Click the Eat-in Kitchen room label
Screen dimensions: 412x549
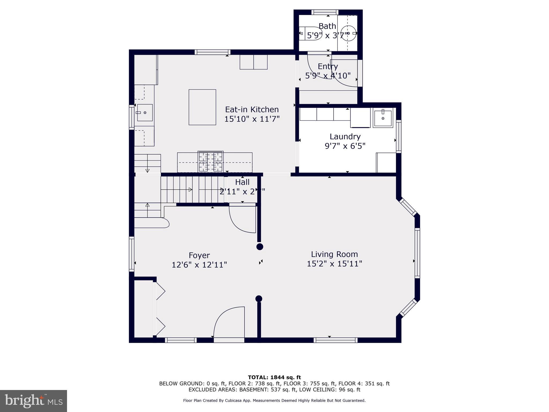click(x=252, y=109)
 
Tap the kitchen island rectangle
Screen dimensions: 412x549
click(x=202, y=107)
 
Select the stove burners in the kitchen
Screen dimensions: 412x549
click(x=210, y=162)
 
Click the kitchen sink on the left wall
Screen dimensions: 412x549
click(x=145, y=113)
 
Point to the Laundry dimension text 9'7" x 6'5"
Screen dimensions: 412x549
click(x=345, y=146)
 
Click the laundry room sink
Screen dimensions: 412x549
click(x=383, y=118)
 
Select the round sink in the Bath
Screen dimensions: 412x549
click(x=348, y=33)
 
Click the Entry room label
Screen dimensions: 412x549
click(x=328, y=66)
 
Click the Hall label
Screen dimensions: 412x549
click(x=242, y=182)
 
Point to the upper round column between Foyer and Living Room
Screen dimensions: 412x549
click(x=259, y=247)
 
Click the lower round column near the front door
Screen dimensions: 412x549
click(x=259, y=299)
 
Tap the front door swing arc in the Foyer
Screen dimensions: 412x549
click(x=228, y=321)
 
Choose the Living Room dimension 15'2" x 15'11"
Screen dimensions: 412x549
click(x=334, y=264)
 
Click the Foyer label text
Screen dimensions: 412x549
click(x=199, y=255)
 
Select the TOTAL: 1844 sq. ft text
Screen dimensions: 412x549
click(x=274, y=377)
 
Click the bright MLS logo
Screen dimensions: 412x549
click(x=34, y=401)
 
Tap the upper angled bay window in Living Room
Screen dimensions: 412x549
click(x=407, y=207)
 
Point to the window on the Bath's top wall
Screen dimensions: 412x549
click(x=325, y=12)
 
